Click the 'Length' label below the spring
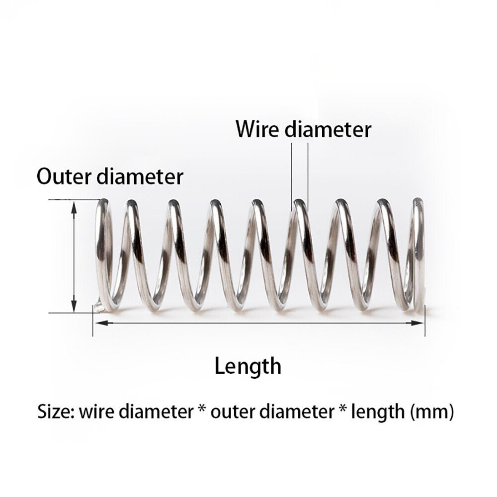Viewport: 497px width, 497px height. click(x=248, y=366)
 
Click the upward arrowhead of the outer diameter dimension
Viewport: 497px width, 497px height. click(x=74, y=207)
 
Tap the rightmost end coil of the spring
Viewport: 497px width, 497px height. click(x=419, y=252)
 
